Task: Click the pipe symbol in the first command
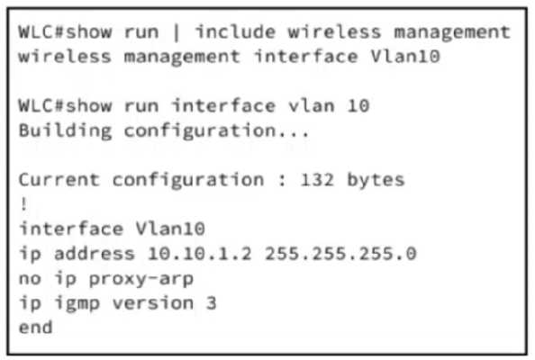tap(177, 32)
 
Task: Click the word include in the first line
tap(235, 31)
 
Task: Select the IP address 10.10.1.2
tap(200, 254)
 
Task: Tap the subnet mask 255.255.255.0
tap(340, 254)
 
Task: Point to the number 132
tap(317, 180)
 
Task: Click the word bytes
tap(376, 180)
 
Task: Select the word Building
tap(65, 131)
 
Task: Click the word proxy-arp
tap(141, 280)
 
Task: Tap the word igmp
tap(77, 304)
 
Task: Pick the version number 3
tap(211, 303)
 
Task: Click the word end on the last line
tap(35, 328)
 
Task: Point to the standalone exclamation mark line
tap(23, 204)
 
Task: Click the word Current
tap(59, 180)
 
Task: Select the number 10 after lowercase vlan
tap(358, 105)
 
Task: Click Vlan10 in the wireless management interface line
tap(405, 57)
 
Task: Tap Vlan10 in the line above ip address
tap(170, 229)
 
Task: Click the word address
tap(95, 254)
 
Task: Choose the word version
tap(153, 303)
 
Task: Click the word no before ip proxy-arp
tap(30, 280)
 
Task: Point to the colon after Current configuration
tap(282, 181)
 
